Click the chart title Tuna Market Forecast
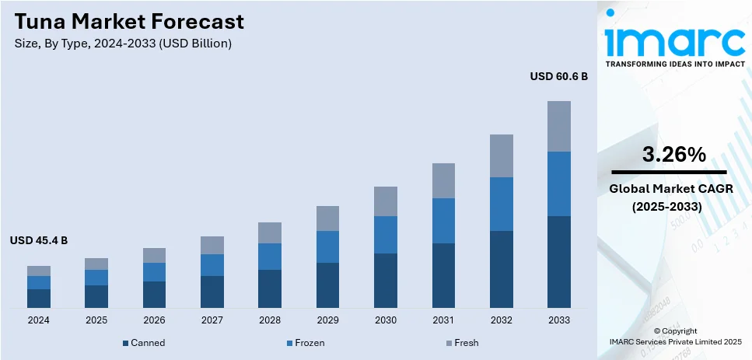(128, 21)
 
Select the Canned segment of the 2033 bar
(558, 261)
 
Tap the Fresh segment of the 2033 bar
(558, 126)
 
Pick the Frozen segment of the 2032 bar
(501, 204)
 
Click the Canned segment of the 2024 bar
(39, 299)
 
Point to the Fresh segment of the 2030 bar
(386, 201)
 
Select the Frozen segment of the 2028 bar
(270, 257)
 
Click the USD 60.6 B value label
(558, 77)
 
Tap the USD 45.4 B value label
(39, 241)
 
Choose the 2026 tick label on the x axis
(154, 320)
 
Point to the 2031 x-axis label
(443, 320)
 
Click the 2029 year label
(327, 320)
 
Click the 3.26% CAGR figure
(673, 155)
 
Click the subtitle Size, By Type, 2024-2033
(123, 44)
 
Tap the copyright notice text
(675, 336)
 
